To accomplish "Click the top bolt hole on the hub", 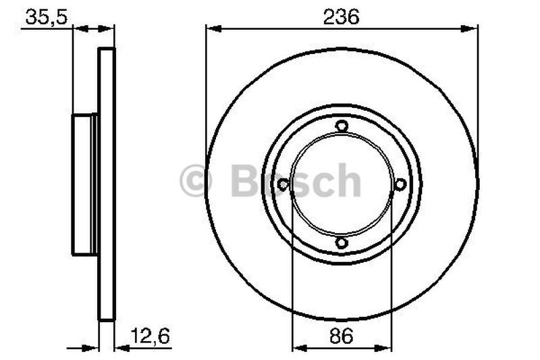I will click(342, 126).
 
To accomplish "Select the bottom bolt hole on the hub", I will click(342, 243).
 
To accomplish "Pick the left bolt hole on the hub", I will click(283, 184).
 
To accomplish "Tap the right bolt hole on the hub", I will click(400, 184).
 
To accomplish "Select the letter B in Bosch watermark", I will click(244, 181).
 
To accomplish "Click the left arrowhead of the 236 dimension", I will click(213, 28).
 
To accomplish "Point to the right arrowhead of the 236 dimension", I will click(470, 28).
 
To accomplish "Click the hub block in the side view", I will click(84, 184).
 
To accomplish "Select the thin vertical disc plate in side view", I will click(107, 184).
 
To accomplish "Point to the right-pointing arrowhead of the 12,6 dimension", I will click(92, 349).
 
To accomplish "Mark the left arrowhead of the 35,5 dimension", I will click(79, 28).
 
